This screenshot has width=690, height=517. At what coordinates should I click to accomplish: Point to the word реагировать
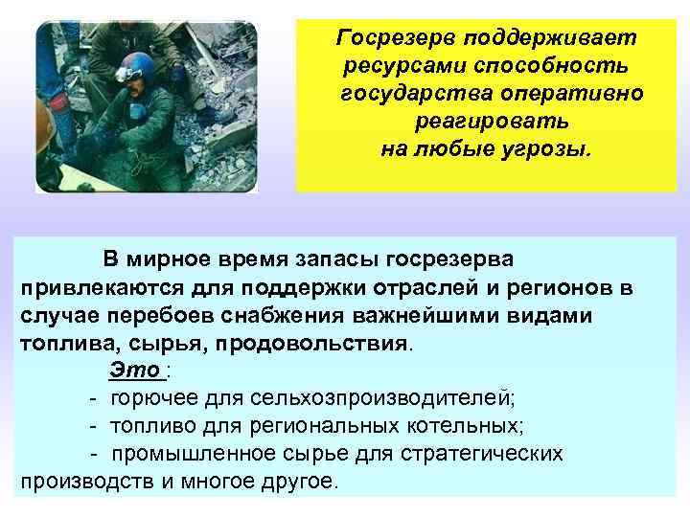[x=492, y=124]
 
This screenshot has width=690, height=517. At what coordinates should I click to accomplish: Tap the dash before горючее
[x=92, y=397]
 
